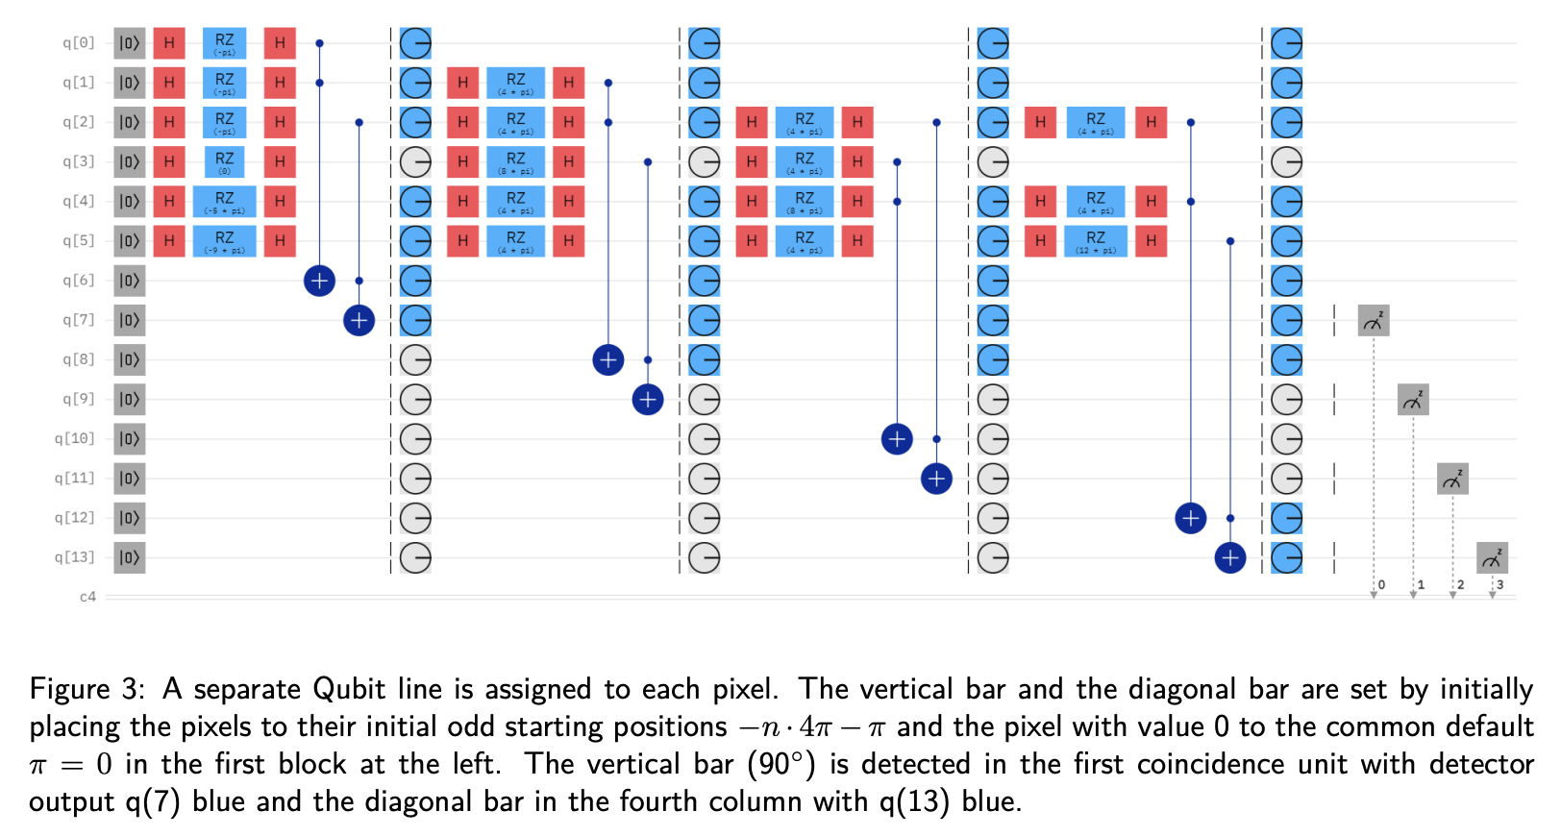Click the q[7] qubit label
pyautogui.click(x=79, y=320)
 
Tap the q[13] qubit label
pyautogui.click(x=75, y=557)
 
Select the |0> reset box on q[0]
pyautogui.click(x=129, y=43)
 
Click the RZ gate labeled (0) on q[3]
pyautogui.click(x=224, y=161)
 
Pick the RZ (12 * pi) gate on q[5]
pyautogui.click(x=1096, y=241)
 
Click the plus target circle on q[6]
pyautogui.click(x=319, y=281)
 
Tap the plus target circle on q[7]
pyautogui.click(x=359, y=320)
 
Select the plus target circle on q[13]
pyautogui.click(x=1229, y=557)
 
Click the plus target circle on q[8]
pyautogui.click(x=607, y=360)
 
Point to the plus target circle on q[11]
pyautogui.click(x=936, y=479)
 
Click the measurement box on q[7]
pyautogui.click(x=1374, y=320)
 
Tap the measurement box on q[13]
pyautogui.click(x=1492, y=557)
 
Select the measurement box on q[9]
pyautogui.click(x=1413, y=400)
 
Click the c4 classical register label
pyautogui.click(x=87, y=597)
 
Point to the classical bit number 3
pyautogui.click(x=1499, y=584)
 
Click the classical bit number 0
pyautogui.click(x=1381, y=584)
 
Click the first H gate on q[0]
pyautogui.click(x=169, y=43)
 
